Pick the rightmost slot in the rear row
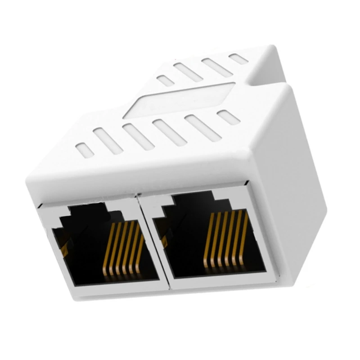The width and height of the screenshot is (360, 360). [x=237, y=59]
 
